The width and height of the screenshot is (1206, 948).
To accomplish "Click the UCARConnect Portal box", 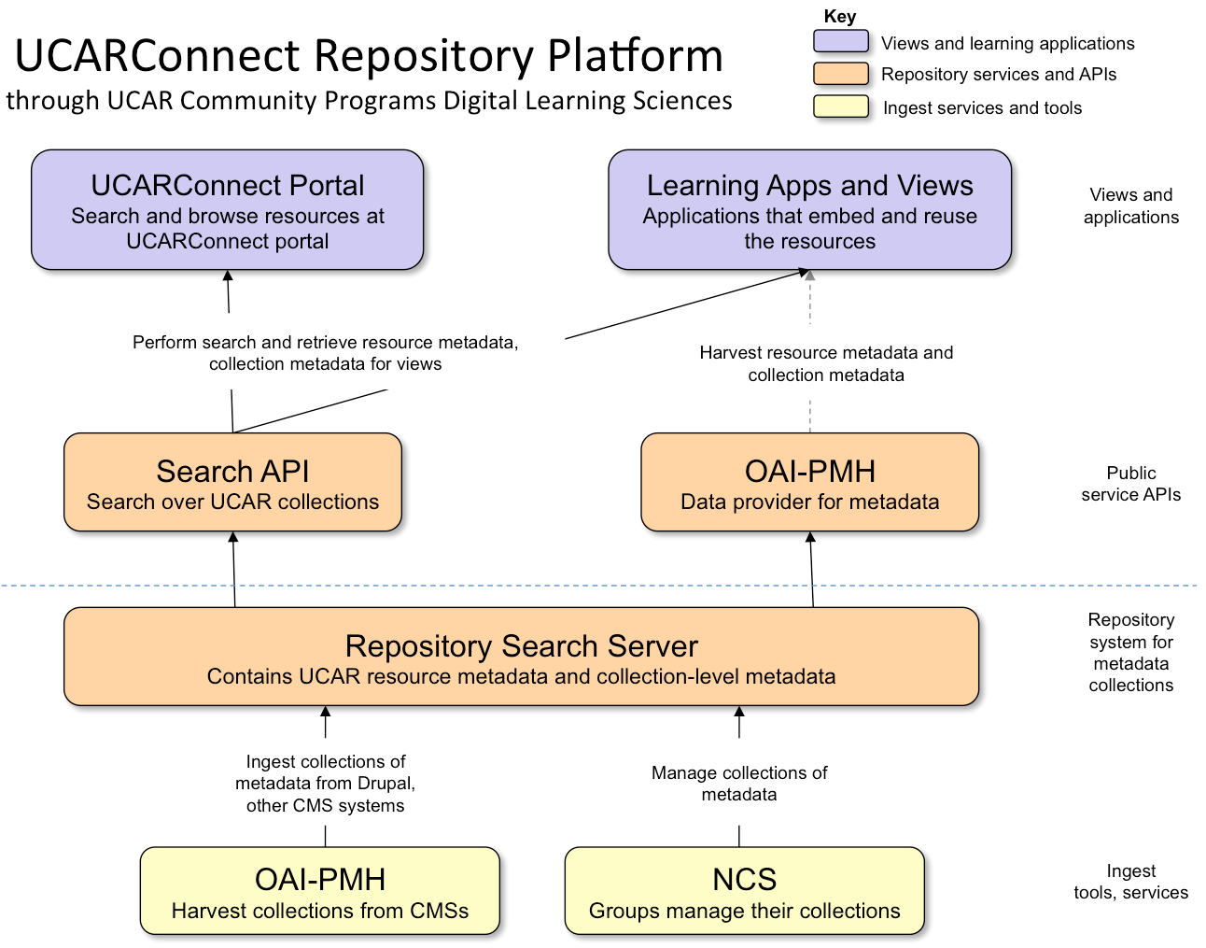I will point(227,210).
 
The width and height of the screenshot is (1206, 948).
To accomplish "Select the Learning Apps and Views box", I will point(809,210).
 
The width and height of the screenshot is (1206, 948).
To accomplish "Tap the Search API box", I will point(232,483).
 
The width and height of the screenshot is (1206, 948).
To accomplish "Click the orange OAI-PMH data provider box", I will point(809,483).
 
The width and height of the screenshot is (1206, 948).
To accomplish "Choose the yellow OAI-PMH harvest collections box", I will point(319,891).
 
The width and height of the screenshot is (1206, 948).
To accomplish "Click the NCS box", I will point(744,891).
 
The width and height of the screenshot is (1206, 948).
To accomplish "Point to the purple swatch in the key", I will point(840,42).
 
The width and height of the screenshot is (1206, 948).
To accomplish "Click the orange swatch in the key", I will point(840,74).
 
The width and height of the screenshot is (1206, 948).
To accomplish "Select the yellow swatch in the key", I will point(840,106).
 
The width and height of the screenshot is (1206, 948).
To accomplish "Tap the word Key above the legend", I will point(839,16).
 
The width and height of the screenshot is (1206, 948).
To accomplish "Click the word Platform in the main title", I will point(635,56).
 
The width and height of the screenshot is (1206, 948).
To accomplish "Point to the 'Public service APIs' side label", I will point(1130,484).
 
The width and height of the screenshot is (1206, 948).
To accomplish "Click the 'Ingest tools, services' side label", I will point(1130,882).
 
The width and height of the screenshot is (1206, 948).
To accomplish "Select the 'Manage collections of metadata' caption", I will point(739,784).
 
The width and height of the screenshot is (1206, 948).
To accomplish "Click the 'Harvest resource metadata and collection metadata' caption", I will point(826,363).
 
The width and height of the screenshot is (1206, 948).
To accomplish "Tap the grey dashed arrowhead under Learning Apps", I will point(809,276).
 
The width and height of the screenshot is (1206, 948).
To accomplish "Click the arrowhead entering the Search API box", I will point(233,537).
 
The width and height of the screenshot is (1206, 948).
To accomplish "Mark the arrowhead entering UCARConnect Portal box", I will point(228,276).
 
